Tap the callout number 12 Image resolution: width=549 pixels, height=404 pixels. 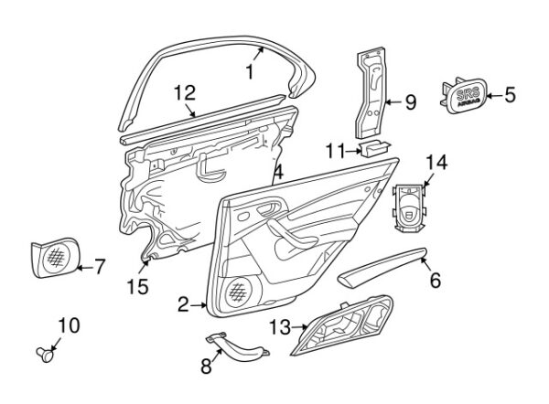(184, 91)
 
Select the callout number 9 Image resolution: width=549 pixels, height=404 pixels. (409, 102)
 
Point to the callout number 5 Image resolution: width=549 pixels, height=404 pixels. (510, 92)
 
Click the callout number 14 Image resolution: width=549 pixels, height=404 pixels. (436, 163)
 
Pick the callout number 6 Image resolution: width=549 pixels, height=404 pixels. (435, 281)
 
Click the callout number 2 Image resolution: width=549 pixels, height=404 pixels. (183, 304)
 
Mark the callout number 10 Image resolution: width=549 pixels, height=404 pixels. (69, 324)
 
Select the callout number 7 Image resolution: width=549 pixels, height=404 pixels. (99, 267)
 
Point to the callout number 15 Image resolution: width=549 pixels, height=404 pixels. (137, 289)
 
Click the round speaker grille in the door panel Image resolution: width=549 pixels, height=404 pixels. (239, 292)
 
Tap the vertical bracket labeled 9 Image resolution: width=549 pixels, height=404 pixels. (369, 91)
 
